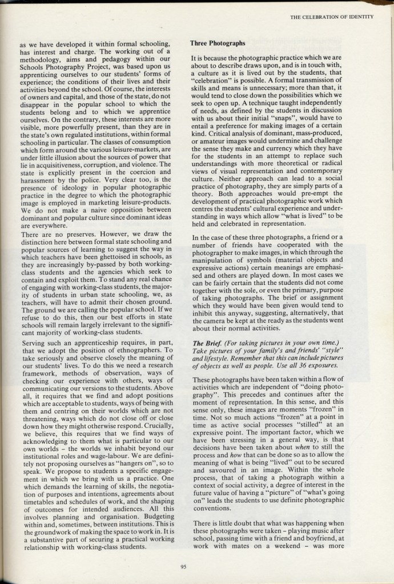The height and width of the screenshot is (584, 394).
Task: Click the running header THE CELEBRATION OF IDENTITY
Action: (331, 17)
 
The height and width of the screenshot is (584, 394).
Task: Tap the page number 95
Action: (183, 567)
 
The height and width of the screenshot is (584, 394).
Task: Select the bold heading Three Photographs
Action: (218, 43)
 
